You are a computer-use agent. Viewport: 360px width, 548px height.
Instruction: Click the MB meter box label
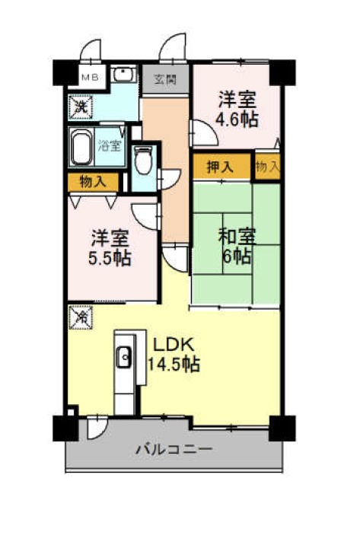[91, 77]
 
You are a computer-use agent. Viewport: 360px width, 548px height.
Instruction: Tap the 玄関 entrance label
[166, 80]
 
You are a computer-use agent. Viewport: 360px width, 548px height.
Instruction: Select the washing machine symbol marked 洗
[81, 107]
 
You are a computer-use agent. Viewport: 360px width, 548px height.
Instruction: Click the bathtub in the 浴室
[81, 148]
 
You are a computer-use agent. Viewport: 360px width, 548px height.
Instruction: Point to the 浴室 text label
[110, 145]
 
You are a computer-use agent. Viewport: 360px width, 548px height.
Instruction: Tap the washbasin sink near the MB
[123, 74]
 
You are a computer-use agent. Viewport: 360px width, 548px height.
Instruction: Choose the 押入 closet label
[220, 167]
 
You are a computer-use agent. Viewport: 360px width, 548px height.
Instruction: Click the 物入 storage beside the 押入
[268, 167]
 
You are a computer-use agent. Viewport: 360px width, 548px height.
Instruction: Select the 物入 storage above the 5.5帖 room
[93, 182]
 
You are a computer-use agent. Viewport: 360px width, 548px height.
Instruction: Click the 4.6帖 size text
[237, 119]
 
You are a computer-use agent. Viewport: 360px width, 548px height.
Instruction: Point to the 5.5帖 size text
[110, 259]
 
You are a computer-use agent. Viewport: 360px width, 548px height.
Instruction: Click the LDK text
[174, 345]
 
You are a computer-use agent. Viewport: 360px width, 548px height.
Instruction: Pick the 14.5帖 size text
[174, 365]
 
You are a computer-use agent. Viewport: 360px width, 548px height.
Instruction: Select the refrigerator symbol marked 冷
[81, 317]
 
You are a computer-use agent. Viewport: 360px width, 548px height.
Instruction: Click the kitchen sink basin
[124, 357]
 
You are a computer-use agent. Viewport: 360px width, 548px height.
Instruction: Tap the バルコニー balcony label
[174, 449]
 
